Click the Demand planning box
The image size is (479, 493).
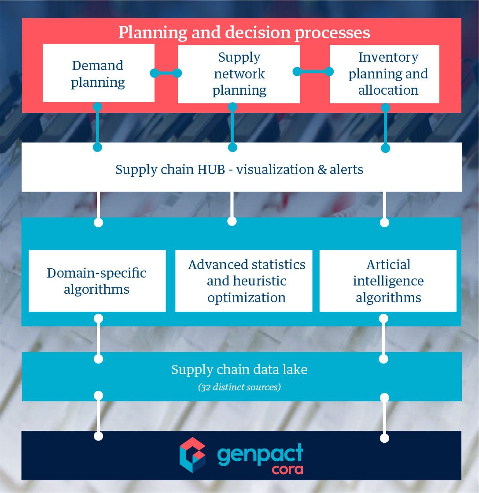click(x=98, y=74)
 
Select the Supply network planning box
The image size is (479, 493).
click(x=239, y=74)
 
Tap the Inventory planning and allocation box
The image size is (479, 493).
click(x=384, y=74)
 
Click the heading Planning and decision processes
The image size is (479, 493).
click(x=244, y=33)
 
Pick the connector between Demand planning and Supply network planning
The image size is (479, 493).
click(x=166, y=73)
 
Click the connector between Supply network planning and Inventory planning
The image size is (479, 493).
click(x=313, y=71)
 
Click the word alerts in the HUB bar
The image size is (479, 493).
click(x=346, y=170)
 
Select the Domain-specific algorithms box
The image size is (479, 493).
click(x=97, y=281)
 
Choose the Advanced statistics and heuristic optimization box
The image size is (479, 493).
click(x=244, y=281)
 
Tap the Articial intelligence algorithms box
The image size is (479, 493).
click(x=388, y=281)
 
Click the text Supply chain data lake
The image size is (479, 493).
click(x=239, y=369)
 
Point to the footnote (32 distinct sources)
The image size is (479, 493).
click(x=239, y=387)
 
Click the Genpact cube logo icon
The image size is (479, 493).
click(x=193, y=455)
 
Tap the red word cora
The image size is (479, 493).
click(x=287, y=469)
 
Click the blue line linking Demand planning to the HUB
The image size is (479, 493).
click(x=98, y=127)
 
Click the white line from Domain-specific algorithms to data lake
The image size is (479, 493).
click(x=99, y=338)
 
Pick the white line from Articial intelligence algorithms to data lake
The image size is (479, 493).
click(x=384, y=338)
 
